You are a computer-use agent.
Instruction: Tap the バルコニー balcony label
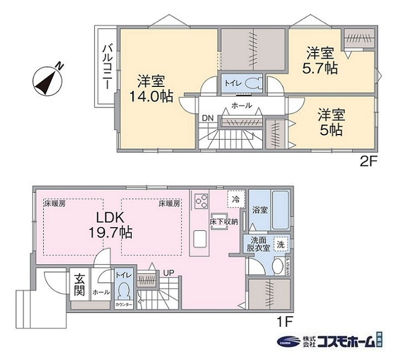[106, 67]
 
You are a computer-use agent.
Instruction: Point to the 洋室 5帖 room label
[331, 122]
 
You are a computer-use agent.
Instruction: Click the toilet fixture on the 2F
[252, 83]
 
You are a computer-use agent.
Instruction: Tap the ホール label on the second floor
[241, 105]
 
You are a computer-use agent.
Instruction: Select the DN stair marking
[208, 118]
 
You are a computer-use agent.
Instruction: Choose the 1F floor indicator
[285, 320]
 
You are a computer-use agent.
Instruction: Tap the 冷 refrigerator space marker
[235, 197]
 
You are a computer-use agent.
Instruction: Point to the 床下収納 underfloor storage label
[223, 222]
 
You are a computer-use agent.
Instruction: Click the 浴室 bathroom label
[260, 210]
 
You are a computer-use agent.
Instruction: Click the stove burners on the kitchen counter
[200, 200]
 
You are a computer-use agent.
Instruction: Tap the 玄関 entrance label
[77, 282]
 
